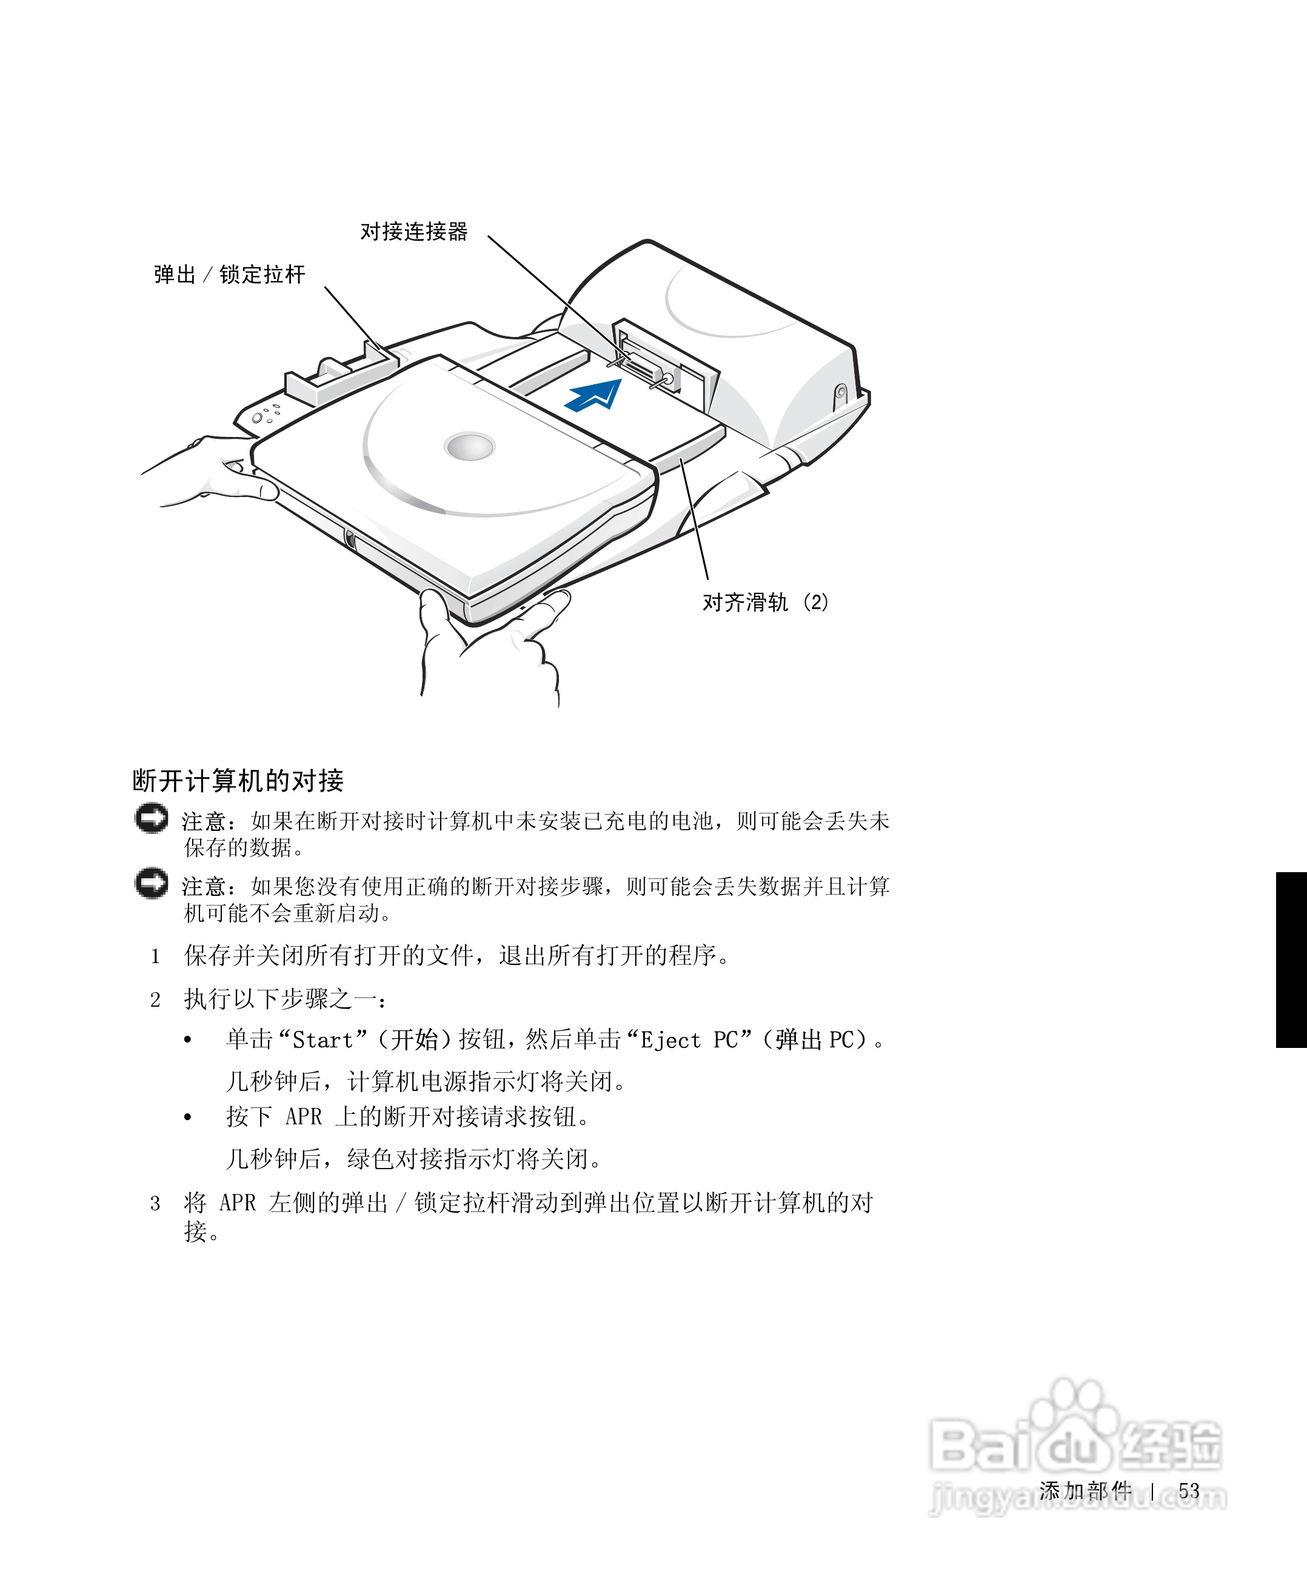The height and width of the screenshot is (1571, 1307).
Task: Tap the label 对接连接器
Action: point(413,232)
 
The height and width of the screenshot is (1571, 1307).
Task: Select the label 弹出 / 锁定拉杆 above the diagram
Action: point(230,275)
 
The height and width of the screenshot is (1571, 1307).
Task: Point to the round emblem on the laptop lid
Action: point(469,447)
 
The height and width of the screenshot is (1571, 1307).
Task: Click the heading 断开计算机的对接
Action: point(238,781)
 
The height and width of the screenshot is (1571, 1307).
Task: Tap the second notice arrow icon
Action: point(151,884)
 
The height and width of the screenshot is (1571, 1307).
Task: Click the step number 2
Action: point(155,1000)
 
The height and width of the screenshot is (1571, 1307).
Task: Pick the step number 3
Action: point(155,1204)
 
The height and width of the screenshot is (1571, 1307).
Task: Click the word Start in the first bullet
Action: point(322,1041)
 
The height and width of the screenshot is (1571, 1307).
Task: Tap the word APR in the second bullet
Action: point(304,1117)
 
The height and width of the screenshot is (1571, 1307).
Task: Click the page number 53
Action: point(1189,1491)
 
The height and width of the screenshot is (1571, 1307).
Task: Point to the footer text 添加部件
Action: point(1085,1491)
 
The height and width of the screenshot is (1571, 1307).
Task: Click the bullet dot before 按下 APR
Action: point(188,1118)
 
